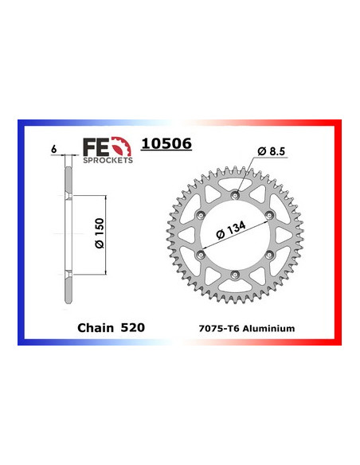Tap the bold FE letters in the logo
93,145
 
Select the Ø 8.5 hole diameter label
271,150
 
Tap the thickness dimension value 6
53,148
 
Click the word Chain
97,326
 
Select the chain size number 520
134,326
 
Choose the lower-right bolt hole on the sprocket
270,255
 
